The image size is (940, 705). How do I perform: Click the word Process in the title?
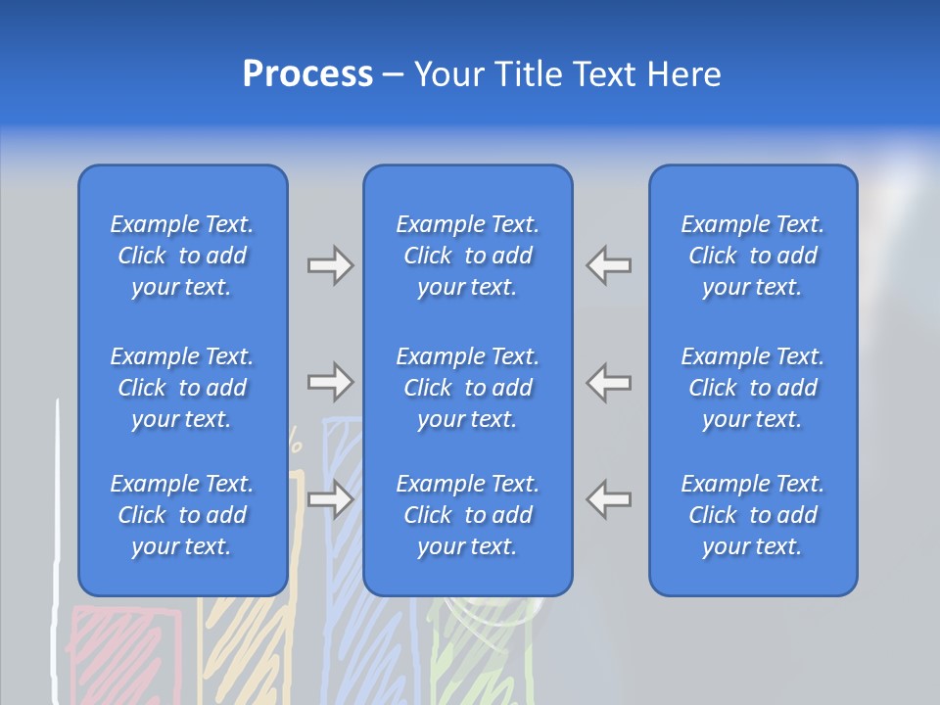(x=307, y=74)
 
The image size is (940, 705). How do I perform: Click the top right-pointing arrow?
(x=330, y=265)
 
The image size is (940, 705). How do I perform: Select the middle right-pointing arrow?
(x=330, y=382)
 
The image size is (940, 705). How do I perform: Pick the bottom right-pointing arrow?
(x=330, y=499)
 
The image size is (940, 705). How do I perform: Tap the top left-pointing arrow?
(x=608, y=265)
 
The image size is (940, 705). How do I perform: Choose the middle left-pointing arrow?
(x=608, y=382)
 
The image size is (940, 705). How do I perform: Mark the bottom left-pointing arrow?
(x=608, y=499)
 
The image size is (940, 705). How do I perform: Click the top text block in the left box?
(x=182, y=256)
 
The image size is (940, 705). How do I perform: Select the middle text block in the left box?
(x=182, y=388)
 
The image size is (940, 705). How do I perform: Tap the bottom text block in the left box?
(x=182, y=515)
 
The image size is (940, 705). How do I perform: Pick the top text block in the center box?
(x=467, y=256)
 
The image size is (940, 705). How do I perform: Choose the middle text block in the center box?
(x=467, y=388)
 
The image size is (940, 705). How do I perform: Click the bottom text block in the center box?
(x=467, y=515)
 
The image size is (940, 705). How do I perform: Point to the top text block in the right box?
(x=752, y=256)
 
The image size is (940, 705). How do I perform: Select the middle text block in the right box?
(x=752, y=388)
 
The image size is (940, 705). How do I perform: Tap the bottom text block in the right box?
(x=752, y=515)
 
